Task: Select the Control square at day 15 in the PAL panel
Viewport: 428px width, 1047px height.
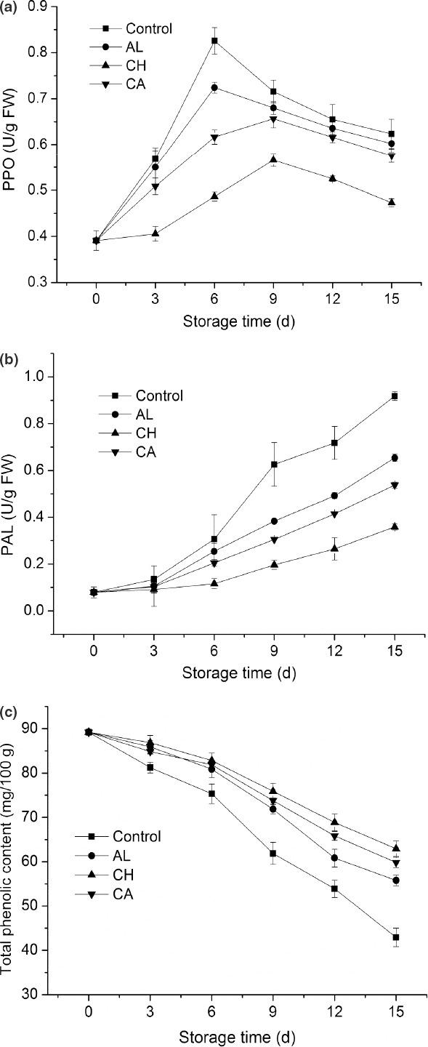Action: (395, 396)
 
